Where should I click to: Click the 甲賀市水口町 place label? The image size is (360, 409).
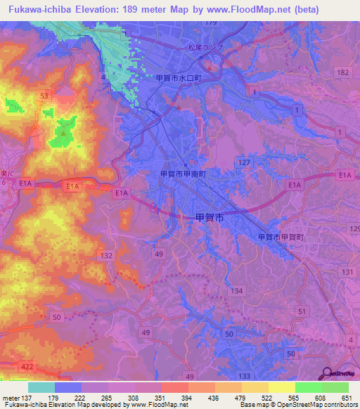pyautogui.click(x=179, y=79)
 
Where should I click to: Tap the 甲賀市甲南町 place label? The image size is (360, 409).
pyautogui.click(x=184, y=173)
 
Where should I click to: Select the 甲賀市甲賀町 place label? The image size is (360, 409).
pyautogui.click(x=281, y=238)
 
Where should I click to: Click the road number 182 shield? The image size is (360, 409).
pyautogui.click(x=342, y=72)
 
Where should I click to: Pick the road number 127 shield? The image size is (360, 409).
pyautogui.click(x=244, y=162)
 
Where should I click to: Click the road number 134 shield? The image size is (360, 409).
pyautogui.click(x=237, y=290)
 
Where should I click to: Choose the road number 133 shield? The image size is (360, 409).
pyautogui.click(x=245, y=377)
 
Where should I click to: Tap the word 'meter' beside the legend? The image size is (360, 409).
pyautogui.click(x=11, y=397)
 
